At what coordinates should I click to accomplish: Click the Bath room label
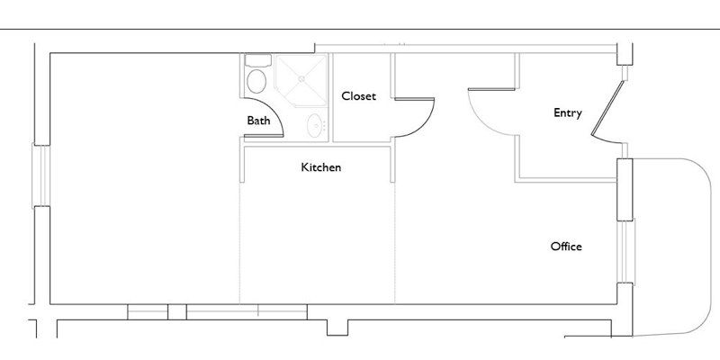tap(258, 121)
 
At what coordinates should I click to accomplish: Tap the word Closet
tap(358, 96)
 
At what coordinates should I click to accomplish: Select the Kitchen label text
tap(321, 167)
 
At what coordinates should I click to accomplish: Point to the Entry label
tap(568, 113)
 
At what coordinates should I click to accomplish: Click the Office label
tap(566, 247)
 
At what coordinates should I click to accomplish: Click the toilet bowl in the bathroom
tap(256, 81)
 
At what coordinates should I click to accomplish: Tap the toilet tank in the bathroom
tap(258, 60)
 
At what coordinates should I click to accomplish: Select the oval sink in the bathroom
tap(315, 125)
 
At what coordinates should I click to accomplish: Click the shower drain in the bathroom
tap(301, 79)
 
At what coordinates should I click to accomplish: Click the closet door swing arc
tap(425, 125)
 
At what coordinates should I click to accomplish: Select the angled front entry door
tap(608, 109)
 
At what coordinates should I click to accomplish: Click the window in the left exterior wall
tap(40, 175)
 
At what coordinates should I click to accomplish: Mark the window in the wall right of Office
tap(625, 251)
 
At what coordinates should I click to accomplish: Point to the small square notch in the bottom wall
tap(337, 328)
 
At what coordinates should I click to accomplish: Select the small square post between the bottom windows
tap(176, 311)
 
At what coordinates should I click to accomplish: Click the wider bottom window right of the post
tap(247, 311)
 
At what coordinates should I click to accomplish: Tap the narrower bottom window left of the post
tap(148, 311)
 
